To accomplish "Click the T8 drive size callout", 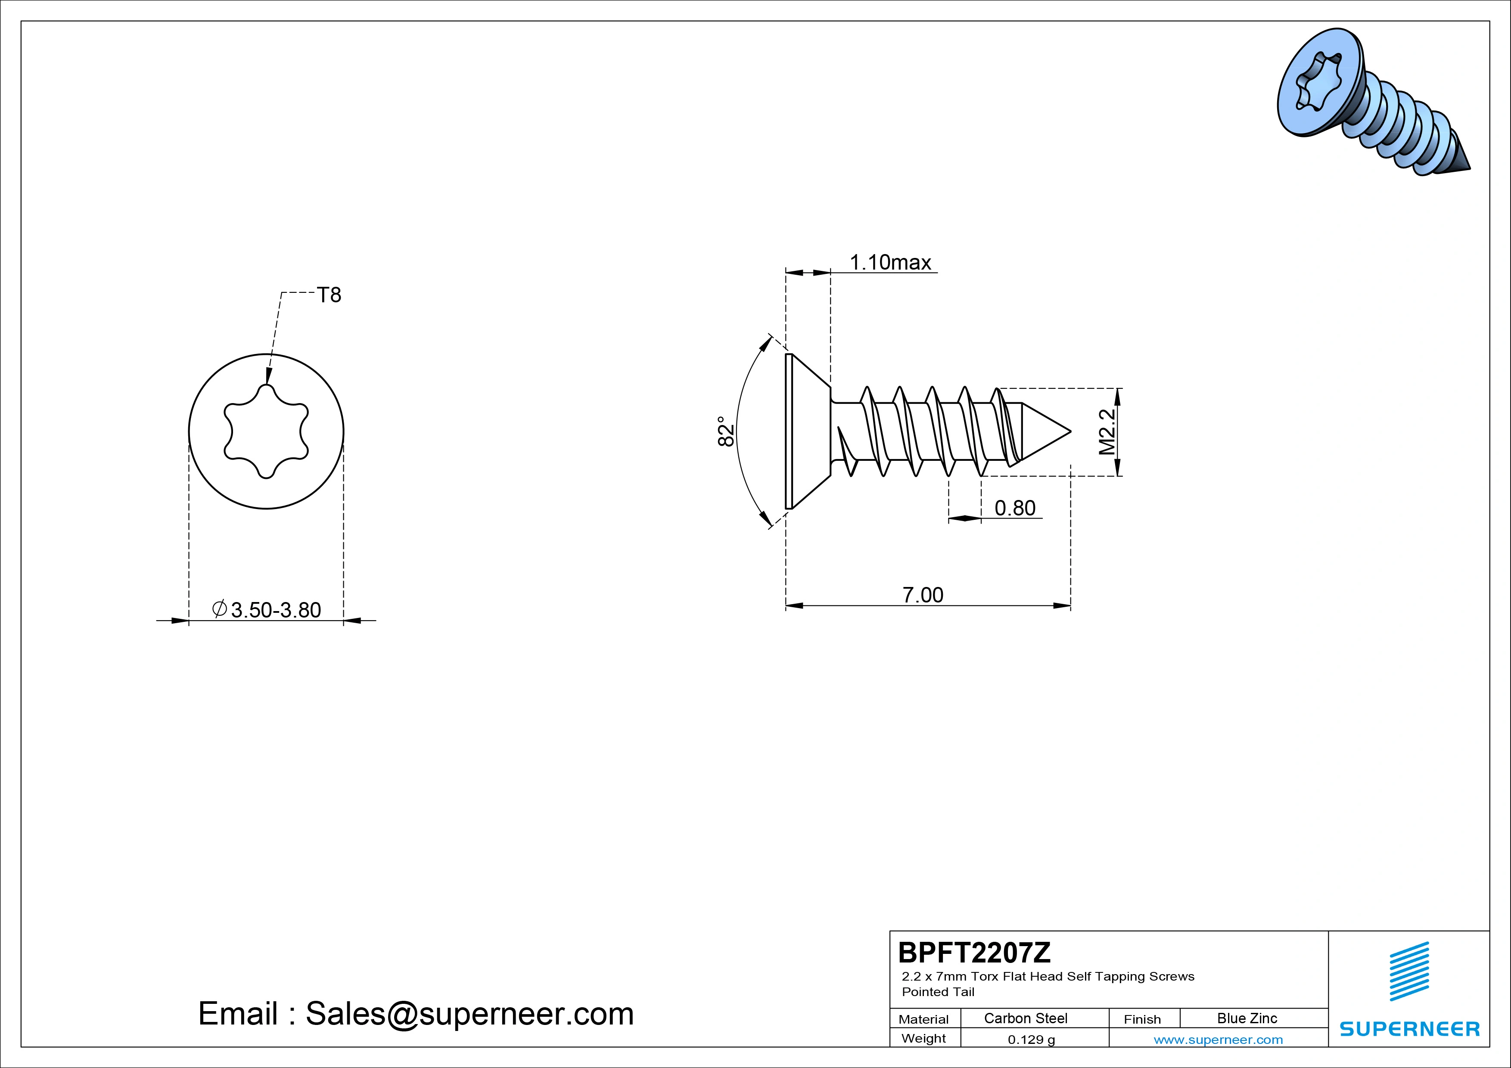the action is click(x=329, y=295).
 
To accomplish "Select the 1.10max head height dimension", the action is click(x=890, y=263).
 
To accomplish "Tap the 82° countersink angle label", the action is click(x=725, y=431).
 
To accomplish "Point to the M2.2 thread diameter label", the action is click(x=1107, y=432).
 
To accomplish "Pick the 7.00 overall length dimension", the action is click(x=923, y=595).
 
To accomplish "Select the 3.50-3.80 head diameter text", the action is click(x=276, y=610).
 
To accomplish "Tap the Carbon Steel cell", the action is click(x=1025, y=1018).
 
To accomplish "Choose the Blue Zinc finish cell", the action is click(x=1247, y=1018).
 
